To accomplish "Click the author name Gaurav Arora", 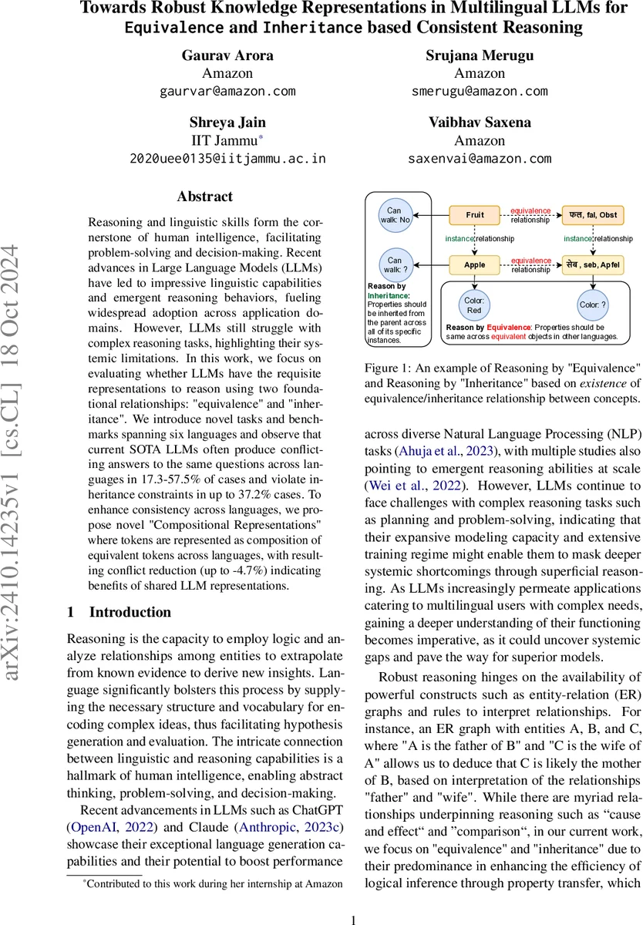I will point(227,56).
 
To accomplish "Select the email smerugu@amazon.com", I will point(480,91).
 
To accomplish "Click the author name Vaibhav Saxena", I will point(480,123).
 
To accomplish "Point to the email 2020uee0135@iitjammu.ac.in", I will point(227,159).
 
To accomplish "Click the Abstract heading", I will point(204,197).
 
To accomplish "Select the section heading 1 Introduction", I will point(120,590).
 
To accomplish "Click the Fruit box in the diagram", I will point(475,214).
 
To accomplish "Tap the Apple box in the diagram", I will point(475,264).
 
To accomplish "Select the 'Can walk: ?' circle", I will point(394,264).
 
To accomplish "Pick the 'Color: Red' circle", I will point(473,304).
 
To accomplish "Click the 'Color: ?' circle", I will point(593,304).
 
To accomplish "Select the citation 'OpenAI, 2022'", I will point(105,801).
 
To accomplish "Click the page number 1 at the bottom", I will point(353,899).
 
